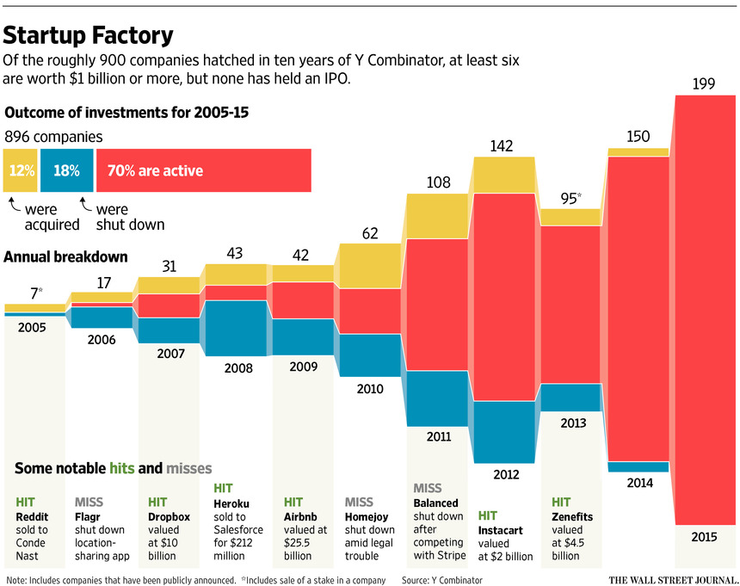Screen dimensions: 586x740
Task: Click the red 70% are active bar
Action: [x=203, y=170]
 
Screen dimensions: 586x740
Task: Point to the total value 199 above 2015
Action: [x=706, y=83]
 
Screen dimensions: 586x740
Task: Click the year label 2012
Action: [x=506, y=473]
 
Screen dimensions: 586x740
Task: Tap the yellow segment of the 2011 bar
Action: [x=438, y=216]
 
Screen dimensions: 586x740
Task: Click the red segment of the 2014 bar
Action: [x=638, y=309]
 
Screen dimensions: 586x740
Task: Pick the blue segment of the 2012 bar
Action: [x=506, y=432]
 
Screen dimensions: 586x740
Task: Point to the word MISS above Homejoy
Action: [x=360, y=502]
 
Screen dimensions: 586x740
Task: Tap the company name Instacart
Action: [x=500, y=531]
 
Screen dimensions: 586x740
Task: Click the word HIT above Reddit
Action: [x=25, y=502]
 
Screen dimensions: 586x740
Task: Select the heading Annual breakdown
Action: [x=66, y=256]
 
